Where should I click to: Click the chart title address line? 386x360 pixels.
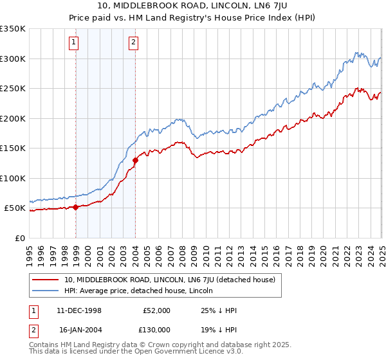(193, 7)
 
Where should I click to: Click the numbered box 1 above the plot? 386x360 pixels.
(75, 43)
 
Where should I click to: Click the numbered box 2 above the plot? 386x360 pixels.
(133, 43)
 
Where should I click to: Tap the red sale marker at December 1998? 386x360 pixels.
(76, 207)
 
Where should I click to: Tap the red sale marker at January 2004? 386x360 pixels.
(136, 161)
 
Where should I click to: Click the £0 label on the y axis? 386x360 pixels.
(19, 238)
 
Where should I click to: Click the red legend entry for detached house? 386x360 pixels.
(170, 280)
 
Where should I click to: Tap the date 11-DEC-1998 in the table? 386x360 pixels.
(79, 310)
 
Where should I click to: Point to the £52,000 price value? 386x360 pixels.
(156, 310)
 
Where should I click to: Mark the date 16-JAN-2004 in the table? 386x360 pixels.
(79, 329)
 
